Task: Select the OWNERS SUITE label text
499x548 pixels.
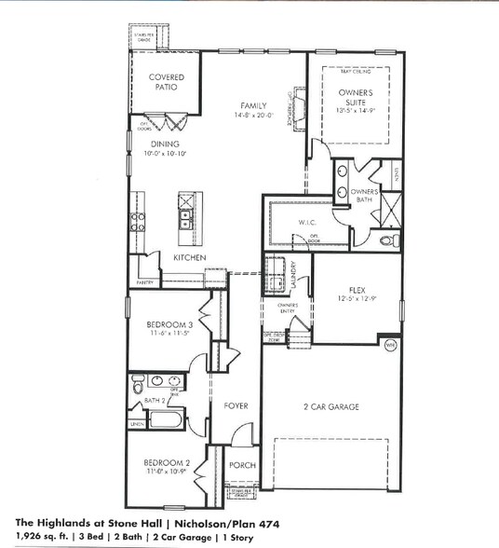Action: point(357,98)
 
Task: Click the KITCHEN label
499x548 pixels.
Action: point(189,257)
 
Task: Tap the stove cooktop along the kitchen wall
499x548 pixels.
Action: point(138,221)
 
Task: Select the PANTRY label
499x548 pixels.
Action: point(144,281)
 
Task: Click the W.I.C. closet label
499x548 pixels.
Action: point(308,222)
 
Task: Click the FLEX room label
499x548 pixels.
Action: point(359,290)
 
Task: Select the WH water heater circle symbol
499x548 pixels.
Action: point(391,345)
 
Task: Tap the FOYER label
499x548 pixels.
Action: point(234,406)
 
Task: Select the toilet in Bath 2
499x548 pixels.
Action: point(138,387)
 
